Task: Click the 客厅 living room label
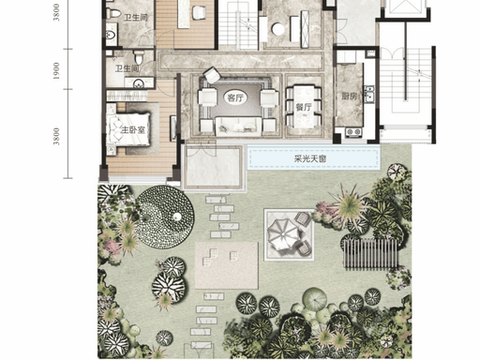pos(235,97)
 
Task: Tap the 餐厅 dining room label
pos(304,108)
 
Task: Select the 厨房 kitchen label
pos(349,97)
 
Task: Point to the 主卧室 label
pos(133,129)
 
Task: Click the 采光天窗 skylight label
pos(309,158)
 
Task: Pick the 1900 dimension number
pos(56,70)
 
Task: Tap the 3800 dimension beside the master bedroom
pos(56,136)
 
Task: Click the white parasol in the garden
pos(283,234)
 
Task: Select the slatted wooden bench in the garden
pos(370,253)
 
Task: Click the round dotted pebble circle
pos(165,217)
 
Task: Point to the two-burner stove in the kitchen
pos(353,132)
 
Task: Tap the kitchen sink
pos(368,95)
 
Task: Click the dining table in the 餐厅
pos(304,106)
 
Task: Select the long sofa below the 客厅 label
pos(238,127)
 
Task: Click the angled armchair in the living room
pos(212,75)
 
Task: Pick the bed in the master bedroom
pos(128,129)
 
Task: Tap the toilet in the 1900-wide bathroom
pos(139,57)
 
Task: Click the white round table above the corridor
pos(277,29)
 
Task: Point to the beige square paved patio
pos(227,265)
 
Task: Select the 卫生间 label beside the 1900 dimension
pos(127,68)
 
